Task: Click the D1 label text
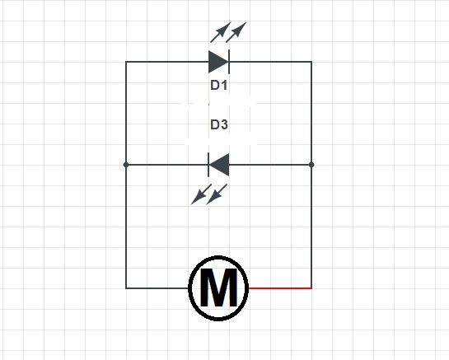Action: coord(218,85)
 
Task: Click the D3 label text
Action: coord(218,125)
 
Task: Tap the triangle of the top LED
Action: coord(217,62)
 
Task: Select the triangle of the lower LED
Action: coord(219,165)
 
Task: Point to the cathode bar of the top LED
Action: coord(228,62)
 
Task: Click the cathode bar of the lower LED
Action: coord(208,165)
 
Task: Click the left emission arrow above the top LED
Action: coord(220,33)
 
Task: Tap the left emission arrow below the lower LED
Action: coord(199,195)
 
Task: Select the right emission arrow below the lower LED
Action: coord(217,195)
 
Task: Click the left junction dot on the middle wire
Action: coord(126,165)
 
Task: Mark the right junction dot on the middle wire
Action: coord(311,165)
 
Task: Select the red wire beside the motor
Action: coord(280,288)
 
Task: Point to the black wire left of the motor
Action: coord(157,288)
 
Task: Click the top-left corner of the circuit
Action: coord(126,62)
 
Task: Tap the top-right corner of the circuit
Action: coord(311,62)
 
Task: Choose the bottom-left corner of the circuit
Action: coord(126,288)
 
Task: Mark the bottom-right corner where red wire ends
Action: coord(311,288)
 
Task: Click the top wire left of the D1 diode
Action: coord(165,62)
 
